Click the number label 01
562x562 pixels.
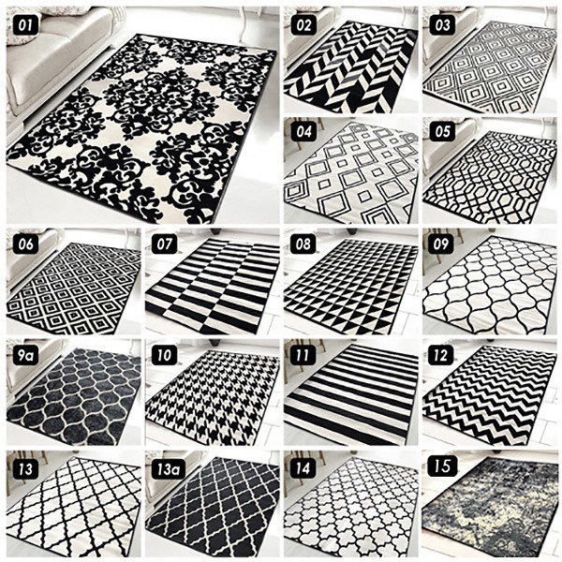pos(25,25)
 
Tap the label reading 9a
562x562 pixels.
pos(25,356)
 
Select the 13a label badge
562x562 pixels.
pos(168,469)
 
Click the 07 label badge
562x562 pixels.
pos(165,244)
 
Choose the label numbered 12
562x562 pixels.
pos(441,356)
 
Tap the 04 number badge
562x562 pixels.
pos(303,131)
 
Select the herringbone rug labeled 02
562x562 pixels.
pos(350,66)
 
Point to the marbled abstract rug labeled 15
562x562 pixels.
pos(490,509)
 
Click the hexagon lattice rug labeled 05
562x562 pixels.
pos(490,177)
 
